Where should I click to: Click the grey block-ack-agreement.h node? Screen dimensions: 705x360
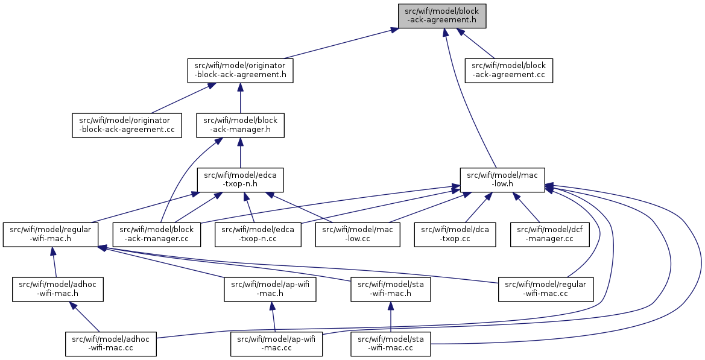pyautogui.click(x=442, y=16)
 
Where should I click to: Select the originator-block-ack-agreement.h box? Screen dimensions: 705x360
pyautogui.click(x=240, y=71)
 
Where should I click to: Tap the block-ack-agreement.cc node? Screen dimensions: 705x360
pyautogui.click(x=509, y=71)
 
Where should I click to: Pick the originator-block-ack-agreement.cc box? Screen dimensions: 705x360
pyautogui.click(x=127, y=125)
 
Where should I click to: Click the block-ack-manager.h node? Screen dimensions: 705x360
pyautogui.click(x=241, y=125)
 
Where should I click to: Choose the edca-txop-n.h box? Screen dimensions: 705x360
pyautogui.click(x=241, y=180)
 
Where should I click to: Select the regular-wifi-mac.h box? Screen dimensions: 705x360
pyautogui.click(x=51, y=235)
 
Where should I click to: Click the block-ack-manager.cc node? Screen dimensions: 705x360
pyautogui.click(x=156, y=235)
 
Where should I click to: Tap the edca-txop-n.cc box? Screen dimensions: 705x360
pyautogui.click(x=258, y=235)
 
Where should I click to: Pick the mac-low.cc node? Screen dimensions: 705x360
pyautogui.click(x=358, y=235)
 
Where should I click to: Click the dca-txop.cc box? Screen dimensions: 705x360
pyautogui.click(x=455, y=235)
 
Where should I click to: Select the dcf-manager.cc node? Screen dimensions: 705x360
pyautogui.click(x=550, y=235)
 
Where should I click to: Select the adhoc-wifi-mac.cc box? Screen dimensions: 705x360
pyautogui.click(x=111, y=344)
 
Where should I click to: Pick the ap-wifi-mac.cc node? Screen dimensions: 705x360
pyautogui.click(x=277, y=344)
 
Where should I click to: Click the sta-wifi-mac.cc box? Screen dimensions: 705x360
pyautogui.click(x=391, y=344)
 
